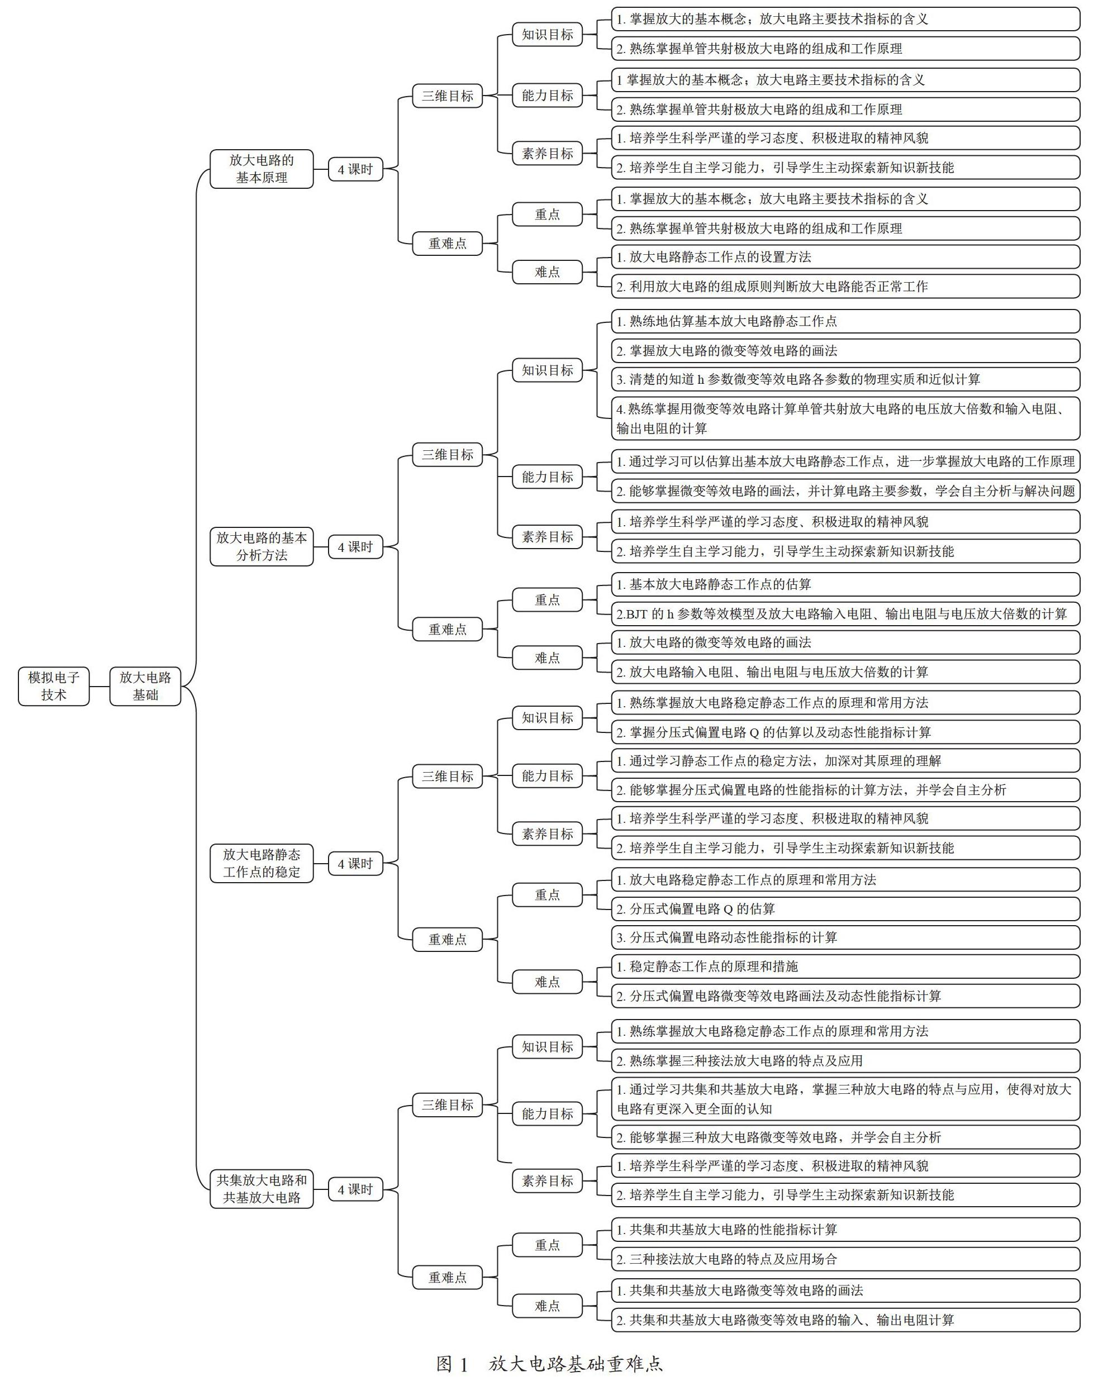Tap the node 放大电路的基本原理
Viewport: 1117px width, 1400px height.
point(262,169)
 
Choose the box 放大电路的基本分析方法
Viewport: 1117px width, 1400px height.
point(262,546)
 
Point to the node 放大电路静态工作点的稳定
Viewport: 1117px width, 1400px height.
point(262,863)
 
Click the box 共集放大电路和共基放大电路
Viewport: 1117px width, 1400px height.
point(262,1188)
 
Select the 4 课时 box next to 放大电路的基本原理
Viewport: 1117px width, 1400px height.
point(355,169)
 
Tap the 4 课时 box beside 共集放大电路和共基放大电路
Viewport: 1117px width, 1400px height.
point(355,1189)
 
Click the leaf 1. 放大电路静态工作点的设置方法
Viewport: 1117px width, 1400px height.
point(845,256)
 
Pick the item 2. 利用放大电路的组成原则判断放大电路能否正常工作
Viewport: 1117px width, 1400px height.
point(845,287)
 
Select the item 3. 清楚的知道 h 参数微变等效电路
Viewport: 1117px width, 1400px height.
point(845,379)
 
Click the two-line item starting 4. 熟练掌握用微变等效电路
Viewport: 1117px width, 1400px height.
point(845,418)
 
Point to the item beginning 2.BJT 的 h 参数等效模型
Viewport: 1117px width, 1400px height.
point(845,613)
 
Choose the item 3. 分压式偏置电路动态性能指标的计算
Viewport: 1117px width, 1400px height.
point(845,937)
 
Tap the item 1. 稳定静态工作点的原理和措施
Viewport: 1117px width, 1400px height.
point(845,966)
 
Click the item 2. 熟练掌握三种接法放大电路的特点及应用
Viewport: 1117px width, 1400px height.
point(845,1060)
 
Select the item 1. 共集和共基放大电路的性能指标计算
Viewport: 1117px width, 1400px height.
point(845,1229)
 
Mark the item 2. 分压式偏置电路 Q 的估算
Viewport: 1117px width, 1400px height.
point(845,908)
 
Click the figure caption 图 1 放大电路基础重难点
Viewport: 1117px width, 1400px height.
point(549,1364)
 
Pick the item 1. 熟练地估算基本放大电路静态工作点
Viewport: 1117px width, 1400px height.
point(845,321)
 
